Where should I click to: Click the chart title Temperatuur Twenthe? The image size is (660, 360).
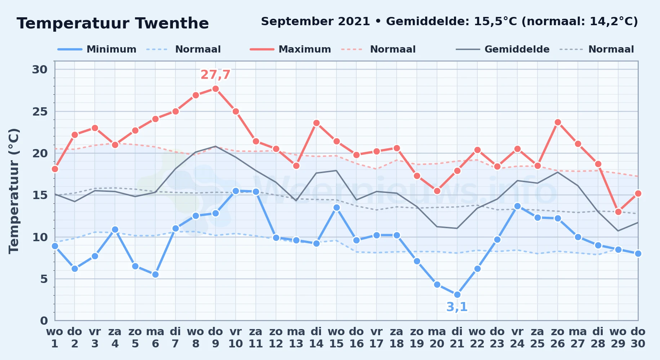(113, 23)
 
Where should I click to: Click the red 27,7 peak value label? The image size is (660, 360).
(215, 75)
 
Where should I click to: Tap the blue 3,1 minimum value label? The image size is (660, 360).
(457, 307)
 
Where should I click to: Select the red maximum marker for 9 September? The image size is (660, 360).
(215, 89)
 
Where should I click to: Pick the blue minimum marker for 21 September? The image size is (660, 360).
(457, 294)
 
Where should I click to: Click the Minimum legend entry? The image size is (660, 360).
(97, 49)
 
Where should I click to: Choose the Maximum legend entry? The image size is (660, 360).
(290, 49)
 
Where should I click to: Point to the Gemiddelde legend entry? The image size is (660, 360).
(503, 49)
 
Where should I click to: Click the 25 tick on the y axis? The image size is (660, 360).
(40, 112)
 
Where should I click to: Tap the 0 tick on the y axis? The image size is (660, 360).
(44, 320)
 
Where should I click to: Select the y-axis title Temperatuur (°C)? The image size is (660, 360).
(14, 191)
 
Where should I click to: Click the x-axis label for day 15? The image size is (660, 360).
(336, 338)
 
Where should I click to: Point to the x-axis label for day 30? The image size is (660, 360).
(638, 338)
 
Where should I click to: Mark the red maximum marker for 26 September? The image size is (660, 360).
(558, 122)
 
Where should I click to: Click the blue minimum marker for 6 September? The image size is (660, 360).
(155, 274)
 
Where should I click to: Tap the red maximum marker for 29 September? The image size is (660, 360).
(618, 212)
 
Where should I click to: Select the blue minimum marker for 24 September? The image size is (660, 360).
(517, 206)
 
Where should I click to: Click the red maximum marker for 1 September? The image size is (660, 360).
(55, 169)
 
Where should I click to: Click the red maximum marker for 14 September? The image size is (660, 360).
(316, 123)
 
